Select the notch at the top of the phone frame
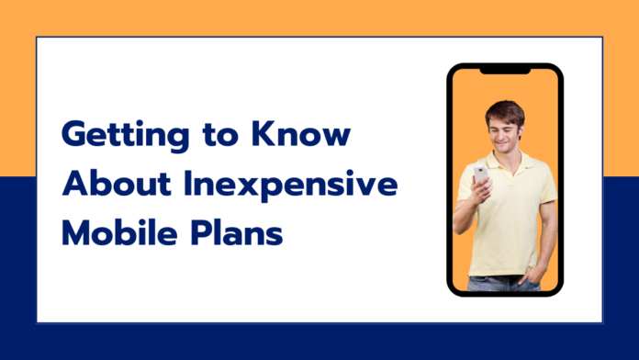click(x=504, y=70)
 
